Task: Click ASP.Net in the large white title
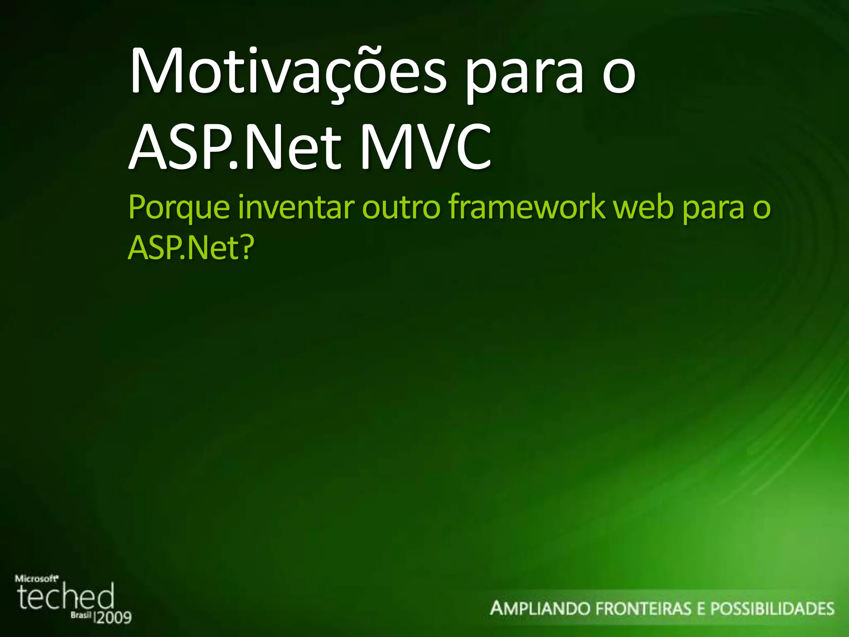point(235,148)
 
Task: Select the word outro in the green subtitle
point(400,207)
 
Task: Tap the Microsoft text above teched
point(36,579)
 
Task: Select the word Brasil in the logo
point(80,615)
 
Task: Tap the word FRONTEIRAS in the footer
point(643,608)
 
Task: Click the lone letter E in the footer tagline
point(701,608)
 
